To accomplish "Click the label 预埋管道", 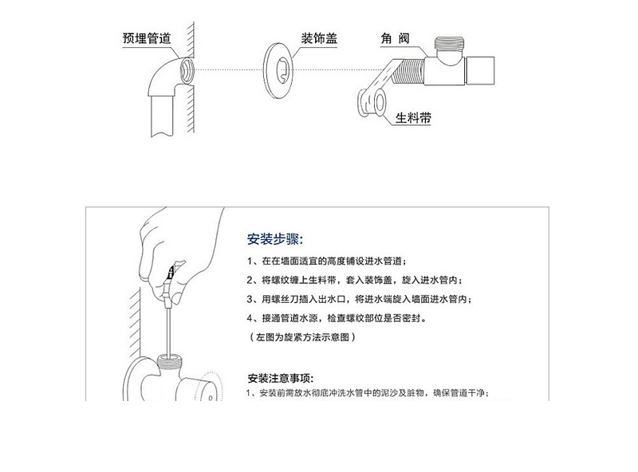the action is tap(147, 38).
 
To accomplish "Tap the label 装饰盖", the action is tap(319, 38).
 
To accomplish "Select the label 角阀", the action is tap(395, 38).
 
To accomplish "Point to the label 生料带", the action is tap(413, 118).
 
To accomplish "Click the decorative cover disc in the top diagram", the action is tap(270, 70).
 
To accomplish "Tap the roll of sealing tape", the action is tap(372, 103).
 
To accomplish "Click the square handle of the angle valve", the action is tap(480, 70).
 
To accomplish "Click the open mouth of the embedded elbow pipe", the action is tap(187, 70).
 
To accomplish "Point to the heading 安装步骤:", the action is tap(275, 239).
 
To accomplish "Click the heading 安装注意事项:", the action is tap(281, 379).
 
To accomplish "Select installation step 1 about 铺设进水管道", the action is tap(326, 261).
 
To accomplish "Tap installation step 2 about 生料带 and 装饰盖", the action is tap(354, 280).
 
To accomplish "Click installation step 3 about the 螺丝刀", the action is tap(360, 299).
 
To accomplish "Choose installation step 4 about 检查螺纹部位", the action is tap(337, 318).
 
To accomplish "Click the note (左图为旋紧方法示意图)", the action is tap(302, 337).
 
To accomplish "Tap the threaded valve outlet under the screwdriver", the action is tap(170, 361).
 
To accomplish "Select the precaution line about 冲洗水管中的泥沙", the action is tap(368, 393).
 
